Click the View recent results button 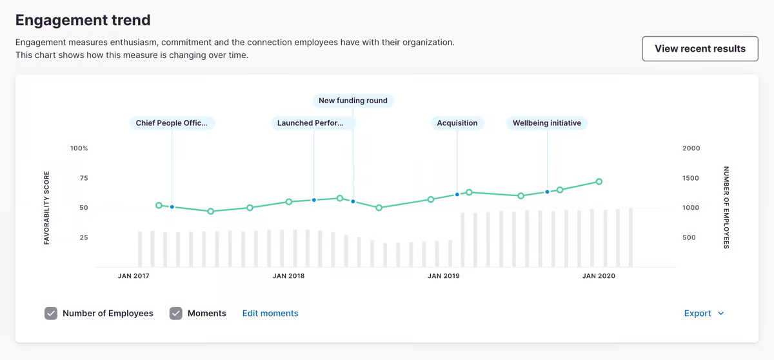pos(700,48)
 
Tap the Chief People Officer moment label pos(172,123)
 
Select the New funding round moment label pos(353,101)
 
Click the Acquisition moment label pos(457,123)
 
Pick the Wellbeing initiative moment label pos(547,123)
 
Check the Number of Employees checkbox pos(52,314)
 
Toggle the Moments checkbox pos(176,314)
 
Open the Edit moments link pos(270,314)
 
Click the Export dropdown pos(704,314)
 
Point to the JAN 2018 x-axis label pos(288,276)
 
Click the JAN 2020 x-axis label pos(599,276)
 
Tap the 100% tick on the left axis pos(79,148)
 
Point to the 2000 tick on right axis pos(691,148)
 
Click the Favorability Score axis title pos(47,208)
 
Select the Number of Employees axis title pos(726,208)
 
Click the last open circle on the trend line pos(599,182)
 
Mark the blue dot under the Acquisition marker pos(457,194)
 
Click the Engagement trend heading pos(83,20)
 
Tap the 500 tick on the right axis pos(689,237)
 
